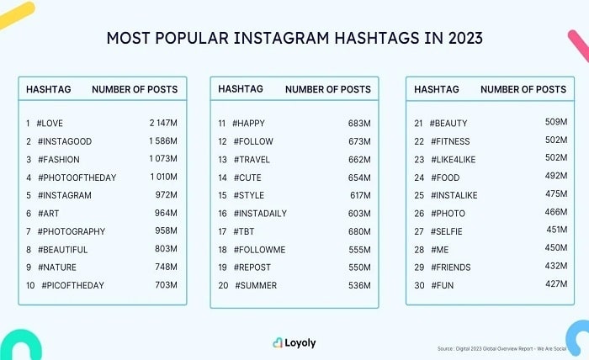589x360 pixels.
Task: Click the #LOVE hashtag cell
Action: [x=50, y=124]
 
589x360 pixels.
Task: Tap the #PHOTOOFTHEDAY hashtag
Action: [x=77, y=177]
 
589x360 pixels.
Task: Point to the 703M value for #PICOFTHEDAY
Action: [x=165, y=285]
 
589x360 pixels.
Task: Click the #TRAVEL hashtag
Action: [x=252, y=159]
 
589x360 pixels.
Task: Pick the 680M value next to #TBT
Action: [x=359, y=231]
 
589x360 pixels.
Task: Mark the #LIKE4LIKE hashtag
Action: [x=454, y=159]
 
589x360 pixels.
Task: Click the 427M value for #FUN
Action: [x=555, y=285]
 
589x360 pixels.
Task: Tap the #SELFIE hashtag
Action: [x=447, y=231]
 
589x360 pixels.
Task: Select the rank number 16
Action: [x=222, y=213]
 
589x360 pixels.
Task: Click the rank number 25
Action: [x=418, y=195]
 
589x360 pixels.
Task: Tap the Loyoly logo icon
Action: [x=279, y=343]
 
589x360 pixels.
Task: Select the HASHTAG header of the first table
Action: [x=49, y=88]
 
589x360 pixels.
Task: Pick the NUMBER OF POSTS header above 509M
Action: [x=523, y=88]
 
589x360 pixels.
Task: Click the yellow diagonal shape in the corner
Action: [x=17, y=14]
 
